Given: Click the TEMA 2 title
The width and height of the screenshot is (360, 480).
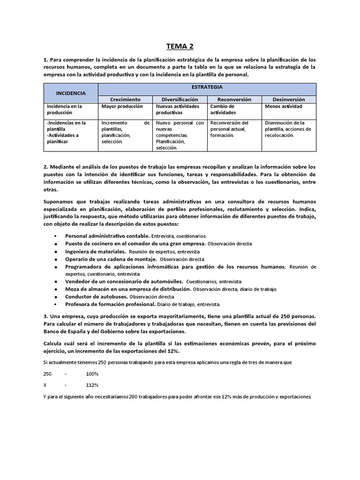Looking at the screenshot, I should pyautogui.click(x=180, y=46).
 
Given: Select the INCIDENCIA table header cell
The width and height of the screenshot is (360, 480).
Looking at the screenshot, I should pyautogui.click(x=70, y=93).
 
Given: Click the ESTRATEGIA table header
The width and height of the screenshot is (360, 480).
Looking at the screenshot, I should pyautogui.click(x=207, y=87).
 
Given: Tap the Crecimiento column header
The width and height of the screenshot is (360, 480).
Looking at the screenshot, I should pyautogui.click(x=125, y=99).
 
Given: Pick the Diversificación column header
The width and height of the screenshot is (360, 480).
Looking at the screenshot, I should pyautogui.click(x=180, y=99).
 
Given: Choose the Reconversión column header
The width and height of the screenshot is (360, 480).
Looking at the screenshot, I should pyautogui.click(x=234, y=99).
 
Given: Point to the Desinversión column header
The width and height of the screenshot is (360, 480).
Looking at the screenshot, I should pyautogui.click(x=289, y=99).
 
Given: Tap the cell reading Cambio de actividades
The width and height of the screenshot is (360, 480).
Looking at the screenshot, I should pyautogui.click(x=223, y=109).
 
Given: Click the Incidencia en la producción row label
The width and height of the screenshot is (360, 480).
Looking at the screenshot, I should pyautogui.click(x=64, y=109).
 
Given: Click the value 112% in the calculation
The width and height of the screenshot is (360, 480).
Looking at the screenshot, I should pyautogui.click(x=92, y=385).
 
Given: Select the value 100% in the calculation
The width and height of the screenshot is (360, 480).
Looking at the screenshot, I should pyautogui.click(x=92, y=374).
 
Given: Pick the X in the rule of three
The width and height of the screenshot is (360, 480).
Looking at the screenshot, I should pyautogui.click(x=45, y=385).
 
